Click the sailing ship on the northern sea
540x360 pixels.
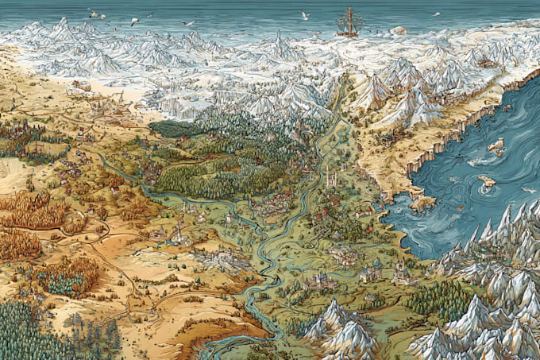click(349, 23)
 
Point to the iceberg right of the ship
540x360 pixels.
click(397, 30)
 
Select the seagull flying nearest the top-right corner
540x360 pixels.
click(435, 14)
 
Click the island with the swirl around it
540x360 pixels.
click(486, 181)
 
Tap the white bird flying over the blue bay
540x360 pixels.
click(527, 190)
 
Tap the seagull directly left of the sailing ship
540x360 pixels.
click(304, 15)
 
